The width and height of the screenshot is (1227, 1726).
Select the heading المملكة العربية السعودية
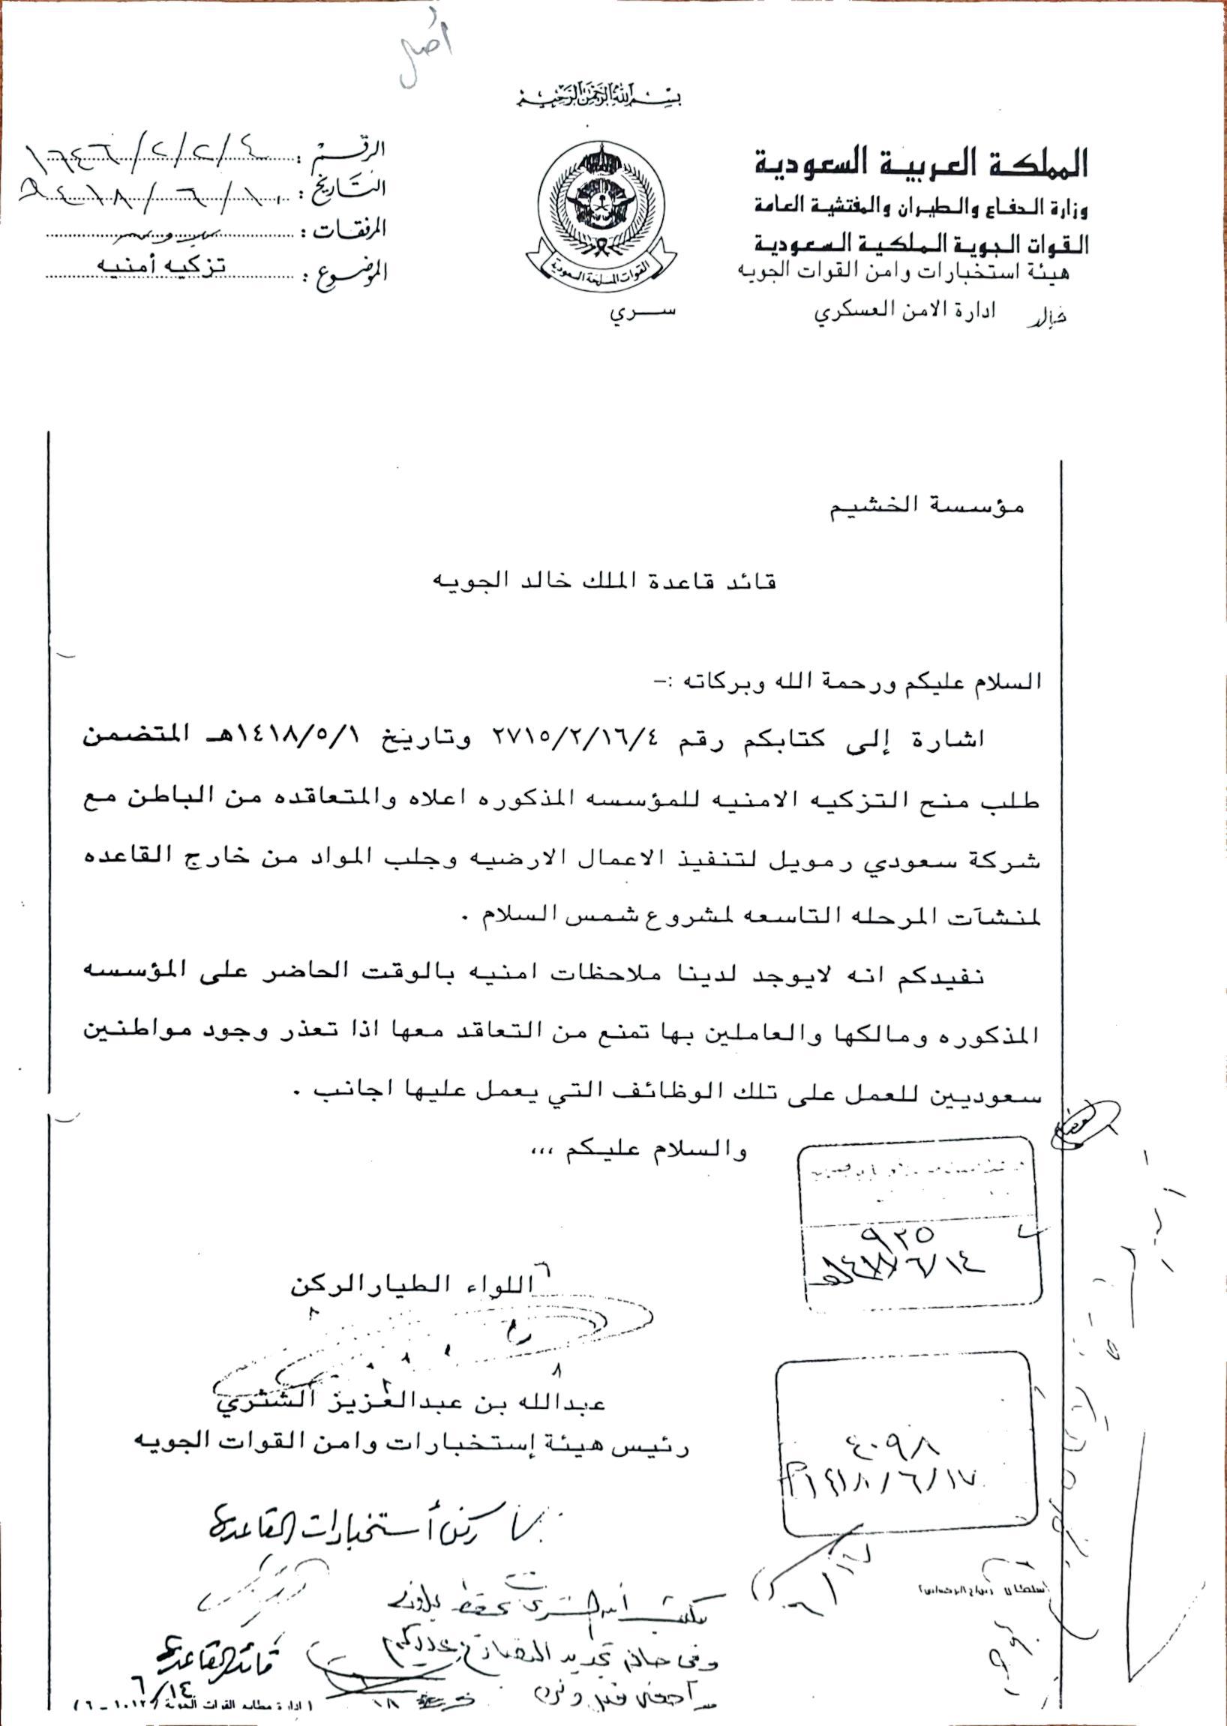click(x=921, y=163)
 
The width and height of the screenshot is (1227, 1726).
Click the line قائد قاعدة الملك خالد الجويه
click(x=604, y=582)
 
